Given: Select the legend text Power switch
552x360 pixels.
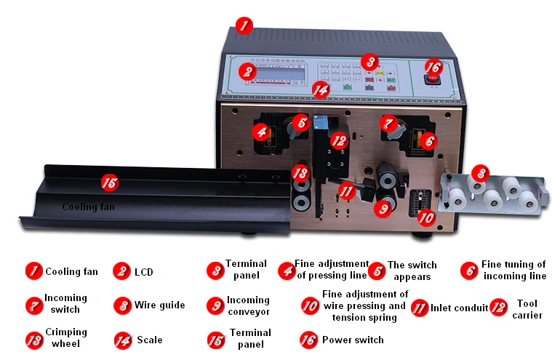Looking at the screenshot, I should pyautogui.click(x=353, y=340).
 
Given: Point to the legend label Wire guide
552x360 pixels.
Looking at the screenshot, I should pyautogui.click(x=159, y=305).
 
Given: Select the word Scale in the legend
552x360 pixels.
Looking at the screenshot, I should pyautogui.click(x=149, y=340).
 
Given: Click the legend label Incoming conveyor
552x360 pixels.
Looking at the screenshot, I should pyautogui.click(x=247, y=305).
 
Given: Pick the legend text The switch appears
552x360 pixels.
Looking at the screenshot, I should pyautogui.click(x=412, y=271).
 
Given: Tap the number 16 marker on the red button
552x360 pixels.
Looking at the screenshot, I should pyautogui.click(x=433, y=66).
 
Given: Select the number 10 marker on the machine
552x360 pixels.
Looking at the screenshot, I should pyautogui.click(x=426, y=217).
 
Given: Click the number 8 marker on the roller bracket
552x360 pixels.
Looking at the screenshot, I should pyautogui.click(x=479, y=173).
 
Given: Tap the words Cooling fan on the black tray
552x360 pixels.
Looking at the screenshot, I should pyautogui.click(x=89, y=207).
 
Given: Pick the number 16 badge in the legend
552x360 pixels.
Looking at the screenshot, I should pyautogui.click(x=310, y=340).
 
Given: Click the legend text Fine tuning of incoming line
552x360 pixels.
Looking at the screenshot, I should pyautogui.click(x=513, y=270).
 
